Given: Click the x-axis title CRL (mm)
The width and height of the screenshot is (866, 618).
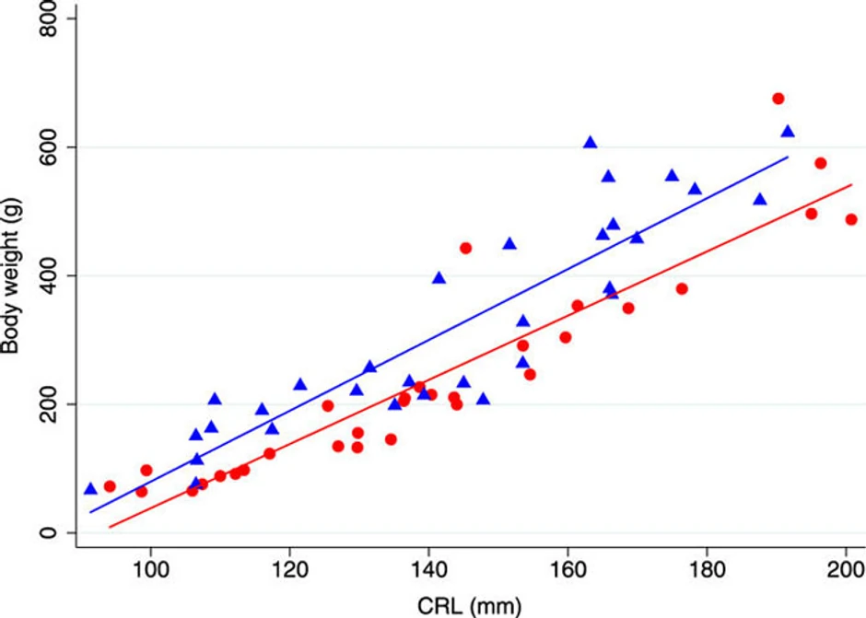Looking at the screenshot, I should pos(467,606).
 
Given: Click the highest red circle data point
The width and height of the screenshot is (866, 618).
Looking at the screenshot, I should pos(778,99).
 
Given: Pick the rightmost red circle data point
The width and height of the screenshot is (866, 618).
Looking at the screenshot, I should pos(851,219).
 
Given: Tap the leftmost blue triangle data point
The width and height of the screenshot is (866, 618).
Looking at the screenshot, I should pos(90,488).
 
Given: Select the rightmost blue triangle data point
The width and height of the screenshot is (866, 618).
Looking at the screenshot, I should pos(788,132).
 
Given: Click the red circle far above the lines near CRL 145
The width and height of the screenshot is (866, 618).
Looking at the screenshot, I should pos(465,248).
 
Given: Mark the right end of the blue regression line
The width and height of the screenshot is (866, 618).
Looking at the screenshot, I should pos(789,157).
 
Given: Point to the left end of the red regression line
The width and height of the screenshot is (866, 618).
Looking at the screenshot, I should pos(110,527).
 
